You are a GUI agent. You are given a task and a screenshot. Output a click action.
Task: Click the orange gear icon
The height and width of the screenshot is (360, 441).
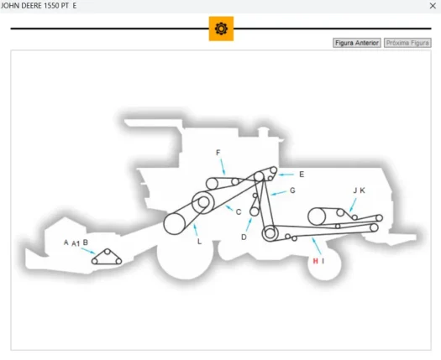(x=221, y=29)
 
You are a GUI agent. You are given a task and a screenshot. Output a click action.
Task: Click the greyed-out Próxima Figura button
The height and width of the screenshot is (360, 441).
(x=407, y=43)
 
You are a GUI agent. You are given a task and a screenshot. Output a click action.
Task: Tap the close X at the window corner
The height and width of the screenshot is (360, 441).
(x=433, y=6)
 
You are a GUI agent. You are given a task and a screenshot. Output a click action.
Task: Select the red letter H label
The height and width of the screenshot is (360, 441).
(x=316, y=261)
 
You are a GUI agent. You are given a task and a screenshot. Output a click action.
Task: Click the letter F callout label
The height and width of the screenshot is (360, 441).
(x=218, y=153)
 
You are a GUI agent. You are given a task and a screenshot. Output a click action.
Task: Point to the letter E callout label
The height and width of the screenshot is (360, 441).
(x=302, y=175)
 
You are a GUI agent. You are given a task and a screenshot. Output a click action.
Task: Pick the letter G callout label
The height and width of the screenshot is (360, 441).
(x=292, y=190)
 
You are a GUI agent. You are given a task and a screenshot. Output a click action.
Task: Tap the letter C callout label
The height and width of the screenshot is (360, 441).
(x=239, y=212)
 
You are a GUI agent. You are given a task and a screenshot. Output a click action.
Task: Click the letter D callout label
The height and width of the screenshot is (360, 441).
(x=244, y=237)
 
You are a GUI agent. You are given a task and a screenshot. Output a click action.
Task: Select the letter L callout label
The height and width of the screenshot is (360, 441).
(x=199, y=242)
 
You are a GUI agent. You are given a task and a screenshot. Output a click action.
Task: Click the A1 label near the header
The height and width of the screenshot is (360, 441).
(x=76, y=243)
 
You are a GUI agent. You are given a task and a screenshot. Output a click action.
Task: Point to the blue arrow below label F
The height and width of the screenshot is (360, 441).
(x=223, y=167)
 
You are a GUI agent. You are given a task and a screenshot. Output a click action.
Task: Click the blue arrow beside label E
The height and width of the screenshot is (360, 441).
(x=286, y=175)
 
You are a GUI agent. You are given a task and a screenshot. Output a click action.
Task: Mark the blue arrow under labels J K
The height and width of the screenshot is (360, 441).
(x=353, y=205)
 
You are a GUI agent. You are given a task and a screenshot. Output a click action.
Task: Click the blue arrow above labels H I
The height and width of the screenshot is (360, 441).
(x=317, y=246)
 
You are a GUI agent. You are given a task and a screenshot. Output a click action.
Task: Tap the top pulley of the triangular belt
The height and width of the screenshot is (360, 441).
(x=108, y=252)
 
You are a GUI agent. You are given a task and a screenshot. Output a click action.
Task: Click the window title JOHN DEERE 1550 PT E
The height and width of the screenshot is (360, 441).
(x=39, y=6)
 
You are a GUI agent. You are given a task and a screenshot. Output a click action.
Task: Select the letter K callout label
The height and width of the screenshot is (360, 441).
(x=363, y=190)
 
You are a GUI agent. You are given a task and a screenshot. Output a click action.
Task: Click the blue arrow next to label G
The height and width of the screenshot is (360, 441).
(x=279, y=193)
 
